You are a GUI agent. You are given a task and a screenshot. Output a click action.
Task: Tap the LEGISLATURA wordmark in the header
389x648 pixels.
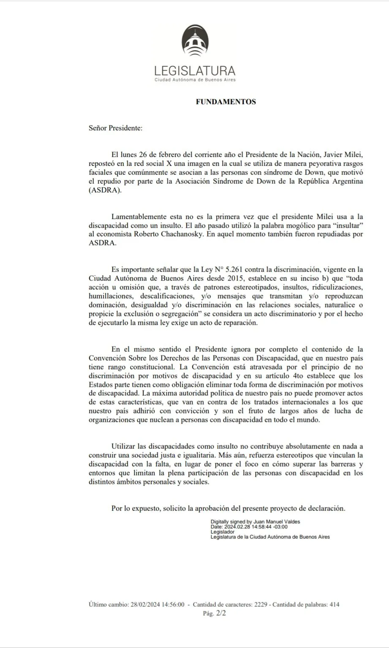point(195,70)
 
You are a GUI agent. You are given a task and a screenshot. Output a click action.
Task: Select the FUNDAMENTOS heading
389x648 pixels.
point(226,102)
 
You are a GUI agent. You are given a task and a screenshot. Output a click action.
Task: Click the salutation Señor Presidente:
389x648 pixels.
point(115,128)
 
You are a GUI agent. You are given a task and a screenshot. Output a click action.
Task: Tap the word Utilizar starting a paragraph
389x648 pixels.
point(124,446)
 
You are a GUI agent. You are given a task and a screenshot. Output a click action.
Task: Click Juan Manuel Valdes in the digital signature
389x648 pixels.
point(277,521)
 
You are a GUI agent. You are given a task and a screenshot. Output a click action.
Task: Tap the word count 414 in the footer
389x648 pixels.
point(334,605)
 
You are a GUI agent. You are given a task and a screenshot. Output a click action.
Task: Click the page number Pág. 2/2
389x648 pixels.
point(214,614)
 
